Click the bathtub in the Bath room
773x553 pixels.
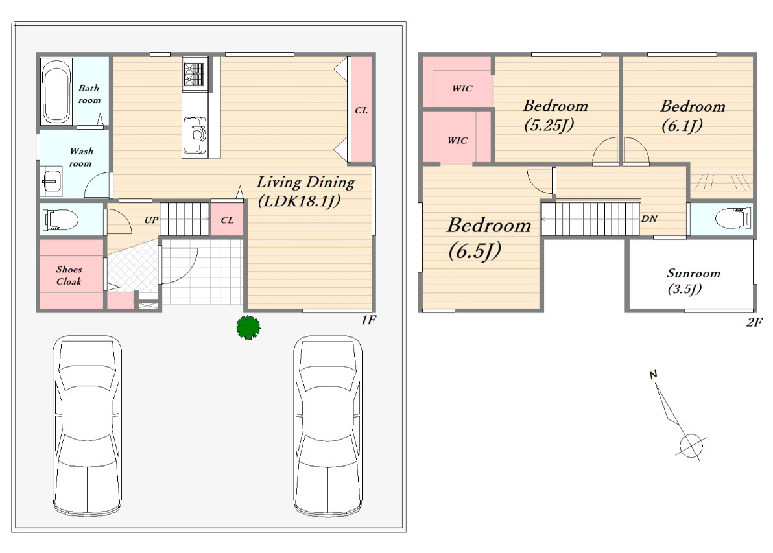(56, 91)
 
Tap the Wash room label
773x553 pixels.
(81, 158)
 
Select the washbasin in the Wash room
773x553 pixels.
(51, 182)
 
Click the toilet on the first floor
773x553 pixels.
(61, 220)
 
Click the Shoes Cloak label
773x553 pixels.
(69, 275)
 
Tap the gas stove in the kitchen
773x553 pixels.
(195, 74)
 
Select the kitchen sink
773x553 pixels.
(195, 135)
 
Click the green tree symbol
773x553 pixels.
(248, 327)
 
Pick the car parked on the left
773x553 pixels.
(88, 425)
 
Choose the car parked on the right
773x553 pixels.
(328, 425)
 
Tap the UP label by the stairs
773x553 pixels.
(151, 220)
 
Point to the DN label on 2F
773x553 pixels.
(649, 218)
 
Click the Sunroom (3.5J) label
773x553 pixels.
(693, 281)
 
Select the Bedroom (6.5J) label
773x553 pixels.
(488, 238)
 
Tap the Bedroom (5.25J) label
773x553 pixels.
(554, 115)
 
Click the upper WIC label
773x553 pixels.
(462, 88)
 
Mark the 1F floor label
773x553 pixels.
(368, 320)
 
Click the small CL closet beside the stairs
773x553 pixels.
(227, 220)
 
